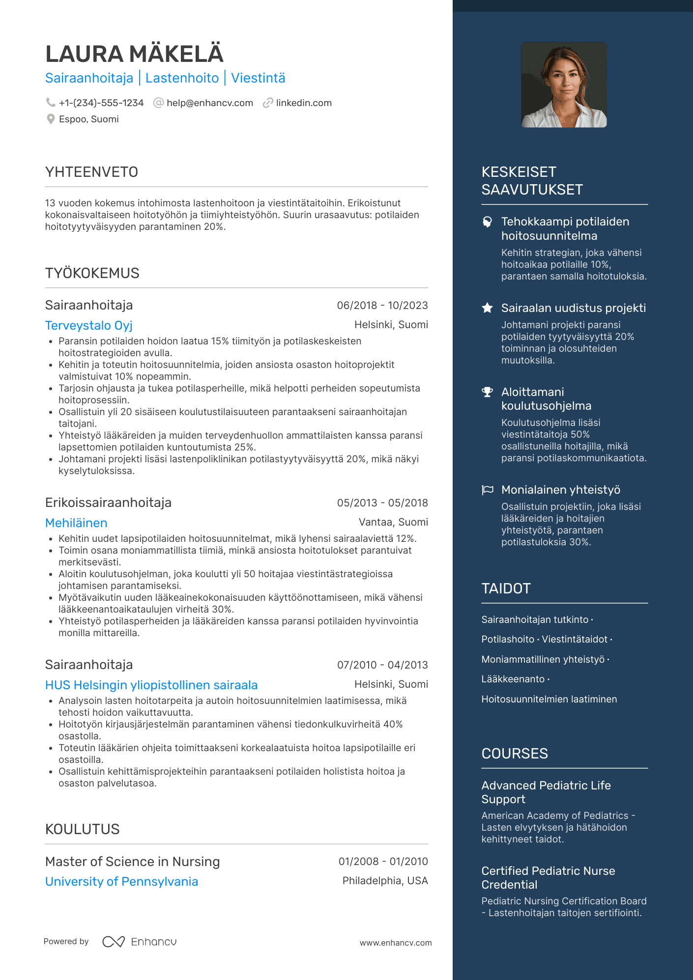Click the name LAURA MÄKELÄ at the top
pyautogui.click(x=134, y=54)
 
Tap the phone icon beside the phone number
pyautogui.click(x=50, y=102)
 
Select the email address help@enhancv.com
pyautogui.click(x=209, y=103)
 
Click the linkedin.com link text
pyautogui.click(x=303, y=103)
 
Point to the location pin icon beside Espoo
pyautogui.click(x=50, y=119)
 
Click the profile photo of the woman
pyautogui.click(x=564, y=84)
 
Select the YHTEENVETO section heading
pyautogui.click(x=91, y=172)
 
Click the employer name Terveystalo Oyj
pyautogui.click(x=88, y=325)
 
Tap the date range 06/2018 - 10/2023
pyautogui.click(x=382, y=306)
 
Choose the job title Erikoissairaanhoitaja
pyautogui.click(x=108, y=503)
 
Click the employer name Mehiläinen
pyautogui.click(x=76, y=523)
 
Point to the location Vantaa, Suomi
pyautogui.click(x=393, y=522)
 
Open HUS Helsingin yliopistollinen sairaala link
pyautogui.click(x=151, y=685)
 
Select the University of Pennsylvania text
pyautogui.click(x=121, y=881)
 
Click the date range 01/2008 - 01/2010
pyautogui.click(x=383, y=862)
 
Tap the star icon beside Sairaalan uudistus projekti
pyautogui.click(x=487, y=308)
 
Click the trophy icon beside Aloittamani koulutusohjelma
pyautogui.click(x=487, y=392)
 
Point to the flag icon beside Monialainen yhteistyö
pyautogui.click(x=487, y=490)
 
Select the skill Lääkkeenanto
pyautogui.click(x=513, y=679)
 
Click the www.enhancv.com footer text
pyautogui.click(x=395, y=943)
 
